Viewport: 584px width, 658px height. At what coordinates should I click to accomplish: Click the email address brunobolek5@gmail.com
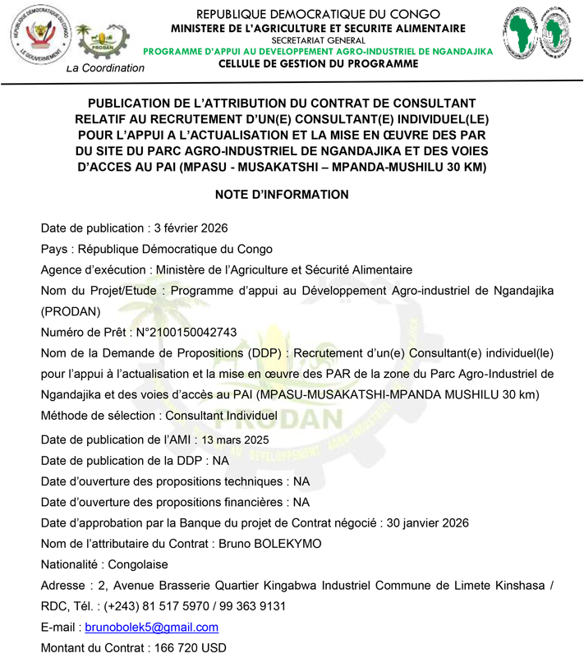[x=152, y=628]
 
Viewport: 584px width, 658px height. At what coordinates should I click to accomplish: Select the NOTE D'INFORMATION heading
[x=282, y=195]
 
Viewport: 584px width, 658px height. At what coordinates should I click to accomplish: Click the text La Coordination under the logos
[x=105, y=68]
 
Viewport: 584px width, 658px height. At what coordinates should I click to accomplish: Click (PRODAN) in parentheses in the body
[x=71, y=311]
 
